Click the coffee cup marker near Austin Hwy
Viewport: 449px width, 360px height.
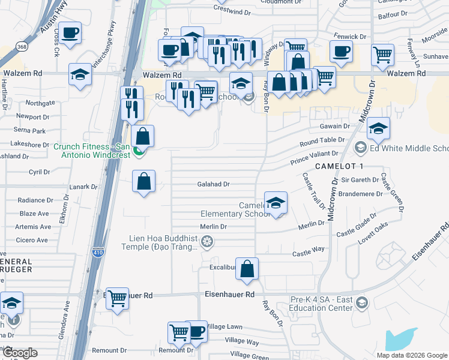tap(70, 33)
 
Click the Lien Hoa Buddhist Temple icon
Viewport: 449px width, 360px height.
tap(207, 242)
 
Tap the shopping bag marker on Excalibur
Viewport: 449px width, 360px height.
tap(247, 269)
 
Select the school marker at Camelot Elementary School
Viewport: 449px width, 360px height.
tap(276, 203)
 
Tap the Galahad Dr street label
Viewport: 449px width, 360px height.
tap(214, 185)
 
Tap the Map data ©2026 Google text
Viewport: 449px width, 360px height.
tap(411, 355)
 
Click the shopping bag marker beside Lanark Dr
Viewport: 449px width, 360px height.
tap(144, 181)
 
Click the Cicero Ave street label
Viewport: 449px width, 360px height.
tap(32, 240)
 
